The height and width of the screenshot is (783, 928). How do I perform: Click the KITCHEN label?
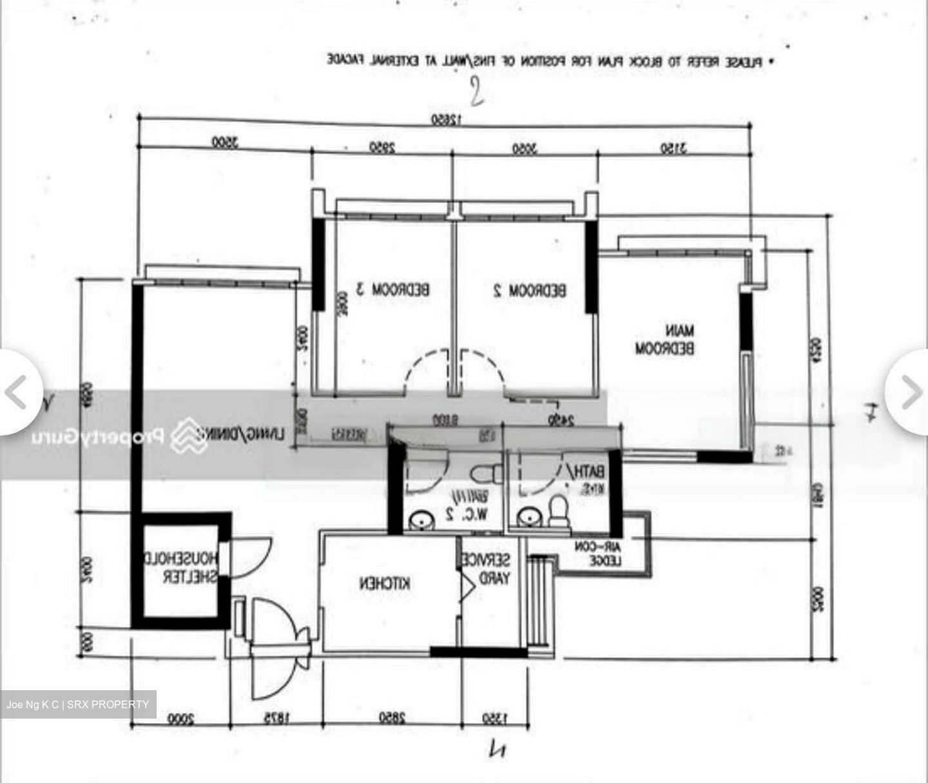point(385,584)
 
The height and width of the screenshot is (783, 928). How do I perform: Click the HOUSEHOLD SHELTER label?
point(181,566)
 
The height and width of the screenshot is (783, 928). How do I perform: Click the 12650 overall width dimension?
point(445,120)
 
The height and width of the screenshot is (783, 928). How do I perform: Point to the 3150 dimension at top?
point(673,149)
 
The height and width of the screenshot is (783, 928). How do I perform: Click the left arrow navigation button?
point(16,392)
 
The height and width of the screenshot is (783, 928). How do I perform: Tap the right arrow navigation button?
point(911,392)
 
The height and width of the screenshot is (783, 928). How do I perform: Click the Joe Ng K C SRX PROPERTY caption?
point(78,704)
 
